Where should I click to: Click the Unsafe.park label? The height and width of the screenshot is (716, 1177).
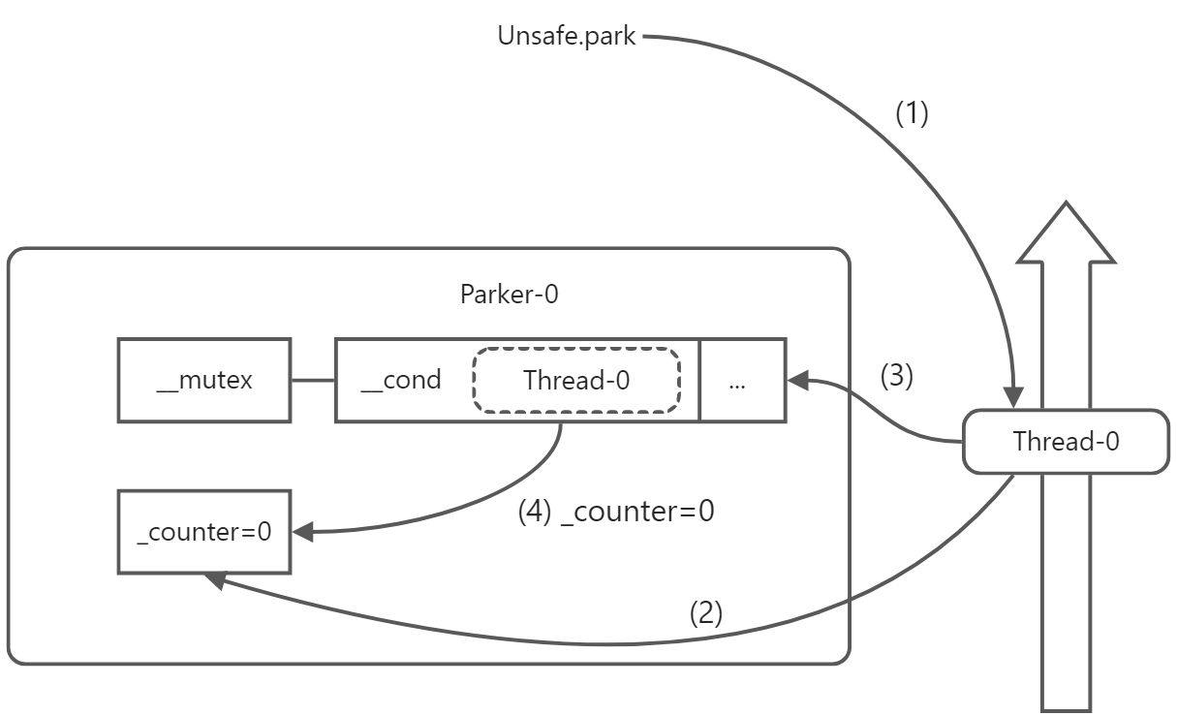(x=567, y=37)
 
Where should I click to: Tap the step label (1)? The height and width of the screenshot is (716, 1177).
(x=912, y=113)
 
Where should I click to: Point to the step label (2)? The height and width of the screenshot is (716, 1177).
(x=706, y=612)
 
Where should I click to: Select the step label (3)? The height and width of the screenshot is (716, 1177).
(x=896, y=376)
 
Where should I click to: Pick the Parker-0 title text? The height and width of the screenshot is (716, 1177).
(x=509, y=295)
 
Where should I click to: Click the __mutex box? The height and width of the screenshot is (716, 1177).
(x=204, y=380)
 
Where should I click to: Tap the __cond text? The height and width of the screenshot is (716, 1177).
(x=400, y=380)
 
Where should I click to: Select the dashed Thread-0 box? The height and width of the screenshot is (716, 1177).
(x=576, y=380)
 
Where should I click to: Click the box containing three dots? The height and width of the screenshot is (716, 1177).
(x=742, y=380)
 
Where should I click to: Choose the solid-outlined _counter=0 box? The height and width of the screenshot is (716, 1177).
(x=204, y=532)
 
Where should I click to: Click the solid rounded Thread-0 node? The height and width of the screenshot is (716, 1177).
(x=1066, y=442)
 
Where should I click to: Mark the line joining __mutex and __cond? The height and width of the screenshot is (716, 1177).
(x=313, y=380)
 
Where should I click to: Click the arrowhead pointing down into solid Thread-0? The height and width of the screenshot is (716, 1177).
(x=1013, y=398)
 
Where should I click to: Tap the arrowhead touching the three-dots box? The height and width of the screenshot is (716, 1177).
(x=798, y=381)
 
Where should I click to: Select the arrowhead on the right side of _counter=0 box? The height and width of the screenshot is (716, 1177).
(x=302, y=532)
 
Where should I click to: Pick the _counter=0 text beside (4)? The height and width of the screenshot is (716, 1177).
(x=637, y=511)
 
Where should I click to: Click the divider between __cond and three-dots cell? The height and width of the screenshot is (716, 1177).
(x=699, y=380)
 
